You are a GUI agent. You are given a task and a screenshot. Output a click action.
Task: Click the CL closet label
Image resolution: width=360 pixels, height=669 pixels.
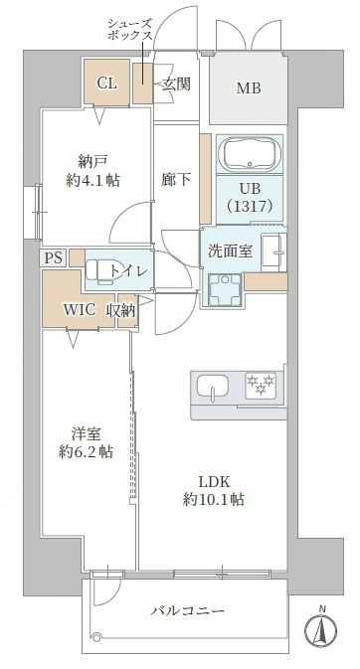click(106, 83)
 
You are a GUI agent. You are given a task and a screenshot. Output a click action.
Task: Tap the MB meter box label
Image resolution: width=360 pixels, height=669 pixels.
click(249, 88)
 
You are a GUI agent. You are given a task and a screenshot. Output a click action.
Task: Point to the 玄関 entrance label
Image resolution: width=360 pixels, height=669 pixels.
click(175, 84)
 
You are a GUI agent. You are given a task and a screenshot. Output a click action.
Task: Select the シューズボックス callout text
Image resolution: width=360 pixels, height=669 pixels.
click(129, 29)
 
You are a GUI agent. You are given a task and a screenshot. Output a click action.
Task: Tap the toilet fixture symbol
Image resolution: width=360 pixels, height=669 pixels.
click(100, 270)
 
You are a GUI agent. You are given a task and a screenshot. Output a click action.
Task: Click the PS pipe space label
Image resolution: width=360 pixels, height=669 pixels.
click(54, 258)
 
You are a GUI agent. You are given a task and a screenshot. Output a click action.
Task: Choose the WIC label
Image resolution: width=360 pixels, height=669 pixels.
click(80, 310)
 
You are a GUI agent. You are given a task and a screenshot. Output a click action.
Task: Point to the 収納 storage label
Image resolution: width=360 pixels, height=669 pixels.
click(121, 310)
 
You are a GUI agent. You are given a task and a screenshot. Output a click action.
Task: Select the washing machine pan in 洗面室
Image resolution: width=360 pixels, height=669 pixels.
click(225, 290)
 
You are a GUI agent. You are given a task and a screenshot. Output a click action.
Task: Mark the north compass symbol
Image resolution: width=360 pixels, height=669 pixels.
click(321, 628)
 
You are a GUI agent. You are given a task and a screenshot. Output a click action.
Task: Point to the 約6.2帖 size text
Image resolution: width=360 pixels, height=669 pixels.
click(86, 452)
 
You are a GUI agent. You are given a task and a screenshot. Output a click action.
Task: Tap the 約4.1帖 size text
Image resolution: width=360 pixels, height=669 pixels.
click(93, 181)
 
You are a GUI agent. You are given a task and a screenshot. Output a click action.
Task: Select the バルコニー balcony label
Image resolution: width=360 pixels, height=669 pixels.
click(187, 611)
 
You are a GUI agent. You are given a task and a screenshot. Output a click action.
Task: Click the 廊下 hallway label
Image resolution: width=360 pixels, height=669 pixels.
click(175, 180)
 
